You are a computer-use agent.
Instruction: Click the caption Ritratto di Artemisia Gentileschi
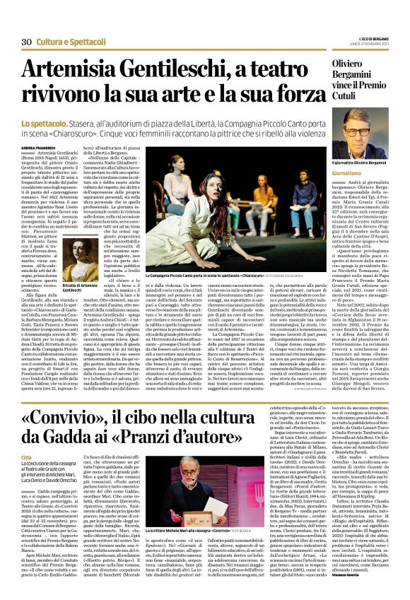[x=77, y=288]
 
